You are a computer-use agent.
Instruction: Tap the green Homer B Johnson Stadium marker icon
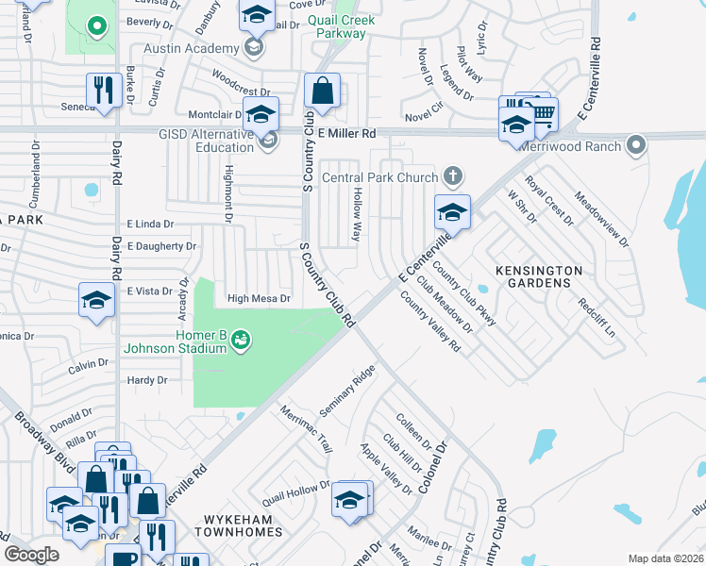coord(241,337)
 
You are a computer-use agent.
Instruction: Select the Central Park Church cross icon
coord(453,176)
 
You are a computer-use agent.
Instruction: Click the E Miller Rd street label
coord(346,134)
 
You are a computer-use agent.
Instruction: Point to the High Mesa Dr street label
coord(258,299)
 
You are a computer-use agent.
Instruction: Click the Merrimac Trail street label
coord(307,428)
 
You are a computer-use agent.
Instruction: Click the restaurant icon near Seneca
coord(104,91)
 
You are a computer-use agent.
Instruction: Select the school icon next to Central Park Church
coord(452,212)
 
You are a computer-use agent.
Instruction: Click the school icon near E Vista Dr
coord(96,300)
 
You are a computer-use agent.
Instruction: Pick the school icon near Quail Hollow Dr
coord(349,499)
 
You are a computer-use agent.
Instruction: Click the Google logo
coord(32,555)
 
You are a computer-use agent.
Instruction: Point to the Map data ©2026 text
coord(664,558)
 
